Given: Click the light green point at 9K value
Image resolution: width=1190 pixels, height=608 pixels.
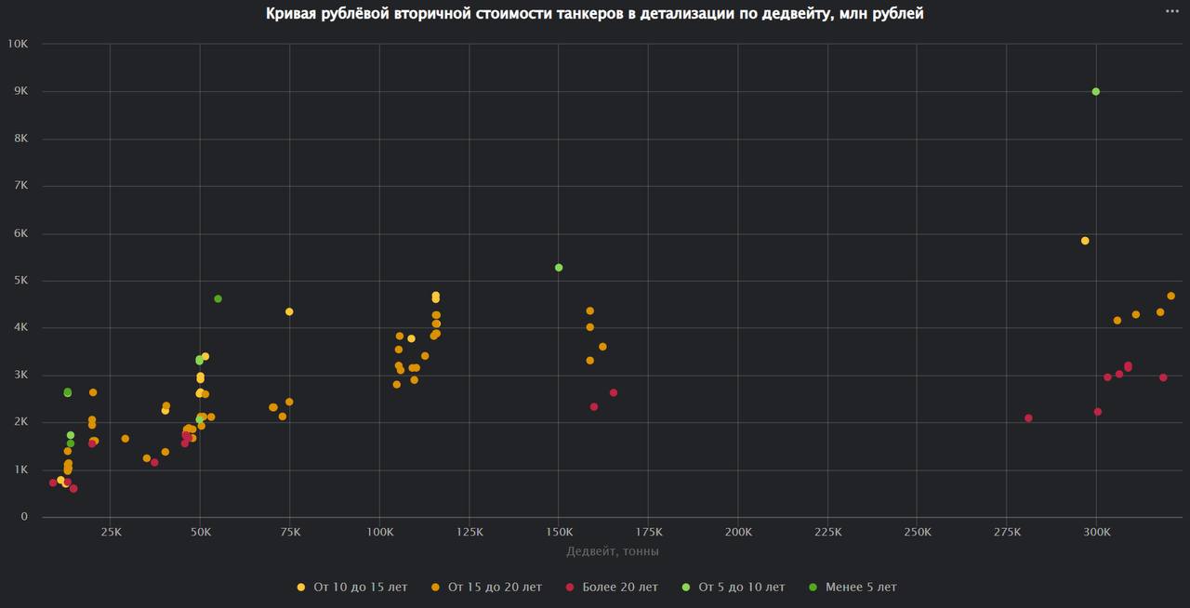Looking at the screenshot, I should tap(1096, 91).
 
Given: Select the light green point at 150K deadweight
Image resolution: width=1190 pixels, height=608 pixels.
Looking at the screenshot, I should tap(559, 268).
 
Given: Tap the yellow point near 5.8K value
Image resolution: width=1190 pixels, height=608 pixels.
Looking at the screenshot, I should tap(1085, 241).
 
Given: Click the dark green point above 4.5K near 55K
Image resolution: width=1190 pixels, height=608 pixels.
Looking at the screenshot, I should tap(218, 298).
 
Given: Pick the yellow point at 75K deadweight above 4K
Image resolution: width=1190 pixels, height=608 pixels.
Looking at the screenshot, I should tap(289, 311).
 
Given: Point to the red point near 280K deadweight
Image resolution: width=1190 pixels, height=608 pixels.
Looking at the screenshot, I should tap(1028, 418).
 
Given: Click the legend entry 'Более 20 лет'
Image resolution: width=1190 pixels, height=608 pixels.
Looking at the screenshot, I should tap(619, 588).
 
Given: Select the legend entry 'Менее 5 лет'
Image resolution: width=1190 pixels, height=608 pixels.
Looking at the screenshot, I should tap(860, 588).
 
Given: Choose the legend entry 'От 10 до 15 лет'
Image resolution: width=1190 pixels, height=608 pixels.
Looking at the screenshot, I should tap(360, 588).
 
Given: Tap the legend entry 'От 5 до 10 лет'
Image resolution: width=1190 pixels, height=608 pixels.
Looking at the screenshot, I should tap(741, 588).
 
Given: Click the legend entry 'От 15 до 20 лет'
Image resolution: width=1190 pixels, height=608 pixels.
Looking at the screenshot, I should tap(495, 588).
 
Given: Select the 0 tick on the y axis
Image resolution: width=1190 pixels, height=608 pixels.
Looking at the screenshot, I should tap(24, 517).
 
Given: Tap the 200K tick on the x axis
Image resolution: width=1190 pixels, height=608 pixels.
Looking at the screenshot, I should tap(737, 533).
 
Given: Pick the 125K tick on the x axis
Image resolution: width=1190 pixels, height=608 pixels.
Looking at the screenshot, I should tap(469, 533).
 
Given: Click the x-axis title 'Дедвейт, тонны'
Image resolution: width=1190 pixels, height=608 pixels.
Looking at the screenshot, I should tap(613, 551).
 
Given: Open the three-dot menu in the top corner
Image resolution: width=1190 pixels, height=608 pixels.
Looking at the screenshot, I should tap(1172, 10).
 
